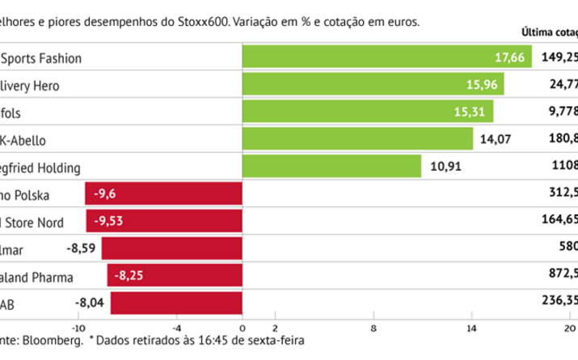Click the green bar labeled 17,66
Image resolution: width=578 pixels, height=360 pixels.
(x=386, y=57)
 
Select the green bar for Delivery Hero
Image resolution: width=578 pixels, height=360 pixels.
(x=373, y=84)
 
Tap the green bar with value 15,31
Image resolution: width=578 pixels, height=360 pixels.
(x=368, y=112)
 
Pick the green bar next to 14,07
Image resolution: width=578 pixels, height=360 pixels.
(x=357, y=139)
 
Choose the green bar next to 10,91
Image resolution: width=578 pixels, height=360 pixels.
(x=331, y=167)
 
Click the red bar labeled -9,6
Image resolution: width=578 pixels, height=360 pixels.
(x=164, y=194)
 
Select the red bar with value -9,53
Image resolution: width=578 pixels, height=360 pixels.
(x=164, y=222)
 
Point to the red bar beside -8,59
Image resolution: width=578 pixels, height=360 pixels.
(x=171, y=249)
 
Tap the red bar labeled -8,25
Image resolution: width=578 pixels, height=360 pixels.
(x=175, y=276)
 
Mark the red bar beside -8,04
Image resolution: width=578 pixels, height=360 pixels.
(x=176, y=303)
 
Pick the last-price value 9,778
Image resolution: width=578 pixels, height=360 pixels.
(x=563, y=112)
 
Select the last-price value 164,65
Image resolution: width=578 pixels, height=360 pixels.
(x=560, y=222)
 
